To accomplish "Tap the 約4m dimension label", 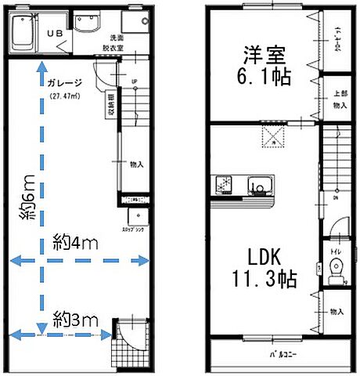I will pos(75,244).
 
